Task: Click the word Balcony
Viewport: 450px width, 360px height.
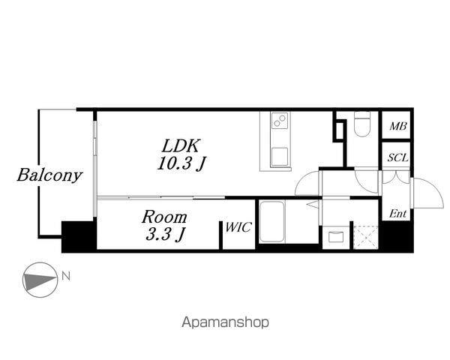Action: pos(49,176)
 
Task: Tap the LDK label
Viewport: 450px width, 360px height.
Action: pos(183,145)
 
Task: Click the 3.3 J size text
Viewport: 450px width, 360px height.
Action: pos(166,235)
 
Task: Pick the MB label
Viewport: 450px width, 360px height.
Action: pos(397,127)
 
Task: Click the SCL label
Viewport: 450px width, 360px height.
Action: pos(397,158)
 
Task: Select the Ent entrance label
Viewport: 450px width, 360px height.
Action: pos(397,214)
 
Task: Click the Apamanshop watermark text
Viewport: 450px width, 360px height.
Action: pos(224,322)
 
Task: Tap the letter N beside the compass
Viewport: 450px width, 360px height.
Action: pos(67,276)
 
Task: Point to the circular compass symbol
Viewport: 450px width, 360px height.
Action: pos(40,281)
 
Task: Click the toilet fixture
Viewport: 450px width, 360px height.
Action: pos(363,124)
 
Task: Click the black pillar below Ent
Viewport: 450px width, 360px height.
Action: pos(397,238)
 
